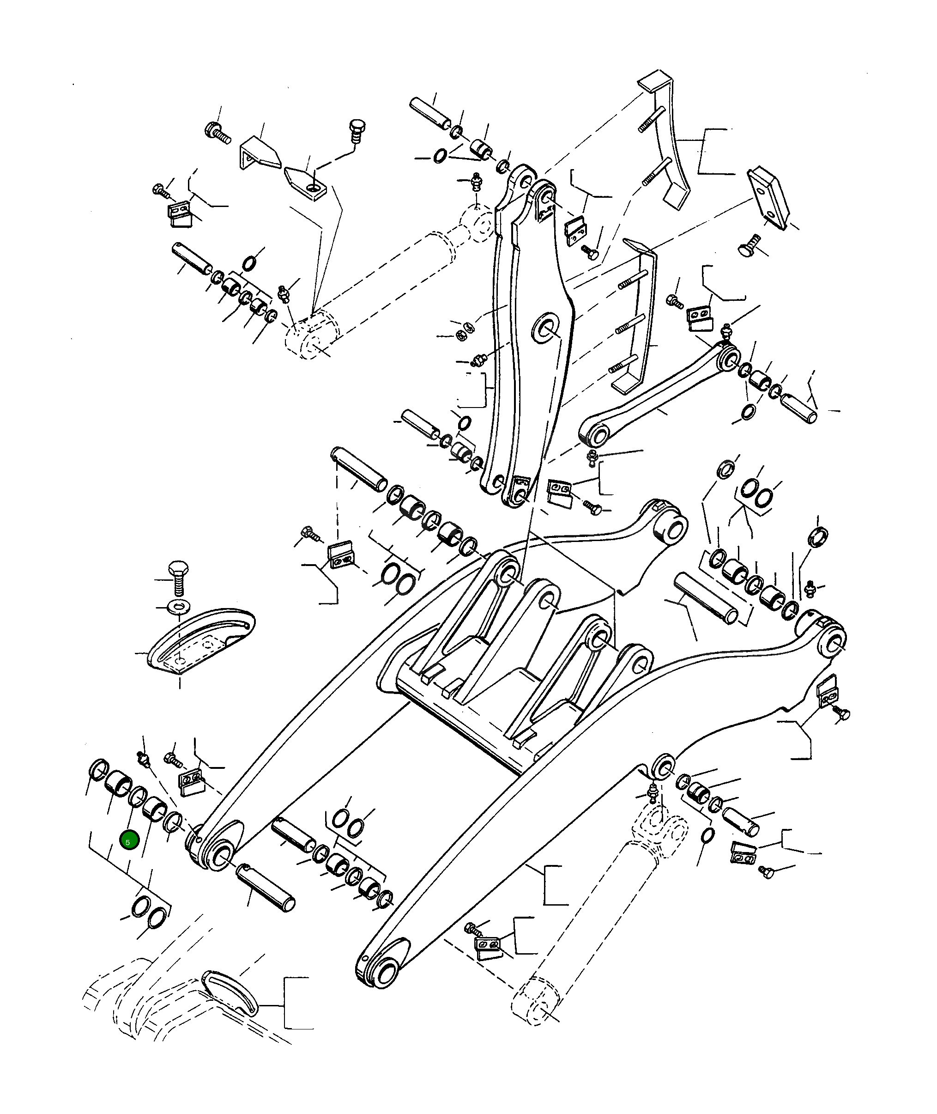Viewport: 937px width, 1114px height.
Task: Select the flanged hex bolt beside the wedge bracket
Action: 216,130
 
